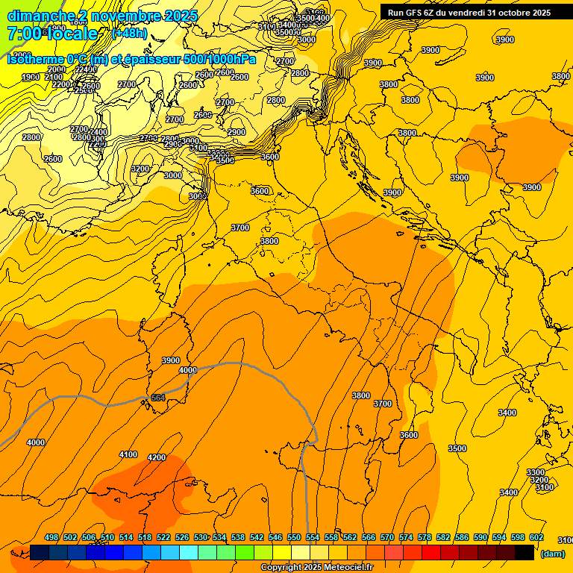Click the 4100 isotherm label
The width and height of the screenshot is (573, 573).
tap(128, 454)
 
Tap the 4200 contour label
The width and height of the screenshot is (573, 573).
tap(157, 457)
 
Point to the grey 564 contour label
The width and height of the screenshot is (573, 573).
tap(158, 398)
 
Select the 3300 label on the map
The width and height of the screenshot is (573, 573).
tap(536, 472)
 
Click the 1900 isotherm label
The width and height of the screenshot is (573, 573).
tap(31, 77)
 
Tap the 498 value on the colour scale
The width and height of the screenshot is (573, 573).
tap(51, 537)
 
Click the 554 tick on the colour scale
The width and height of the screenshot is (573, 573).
tap(313, 537)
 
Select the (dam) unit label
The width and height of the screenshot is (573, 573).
tap(552, 553)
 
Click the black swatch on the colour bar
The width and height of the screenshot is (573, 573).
tap(525, 552)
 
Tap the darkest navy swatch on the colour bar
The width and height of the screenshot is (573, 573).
tap(40, 552)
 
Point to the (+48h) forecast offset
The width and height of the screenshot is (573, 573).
tap(128, 34)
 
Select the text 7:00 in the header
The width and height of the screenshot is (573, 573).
tap(22, 34)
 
